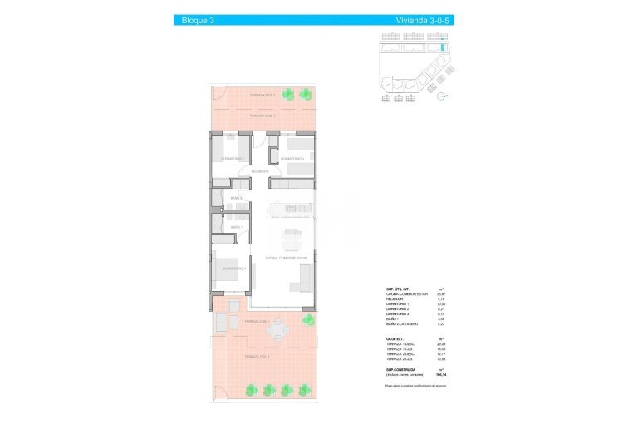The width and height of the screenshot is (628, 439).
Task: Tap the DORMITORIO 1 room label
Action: pos(233,269)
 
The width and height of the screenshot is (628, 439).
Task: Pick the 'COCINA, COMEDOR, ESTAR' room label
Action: pos(287,259)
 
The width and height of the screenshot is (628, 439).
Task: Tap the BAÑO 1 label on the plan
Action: pos(236,227)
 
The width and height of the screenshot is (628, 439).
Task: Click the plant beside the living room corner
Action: pos(308,320)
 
